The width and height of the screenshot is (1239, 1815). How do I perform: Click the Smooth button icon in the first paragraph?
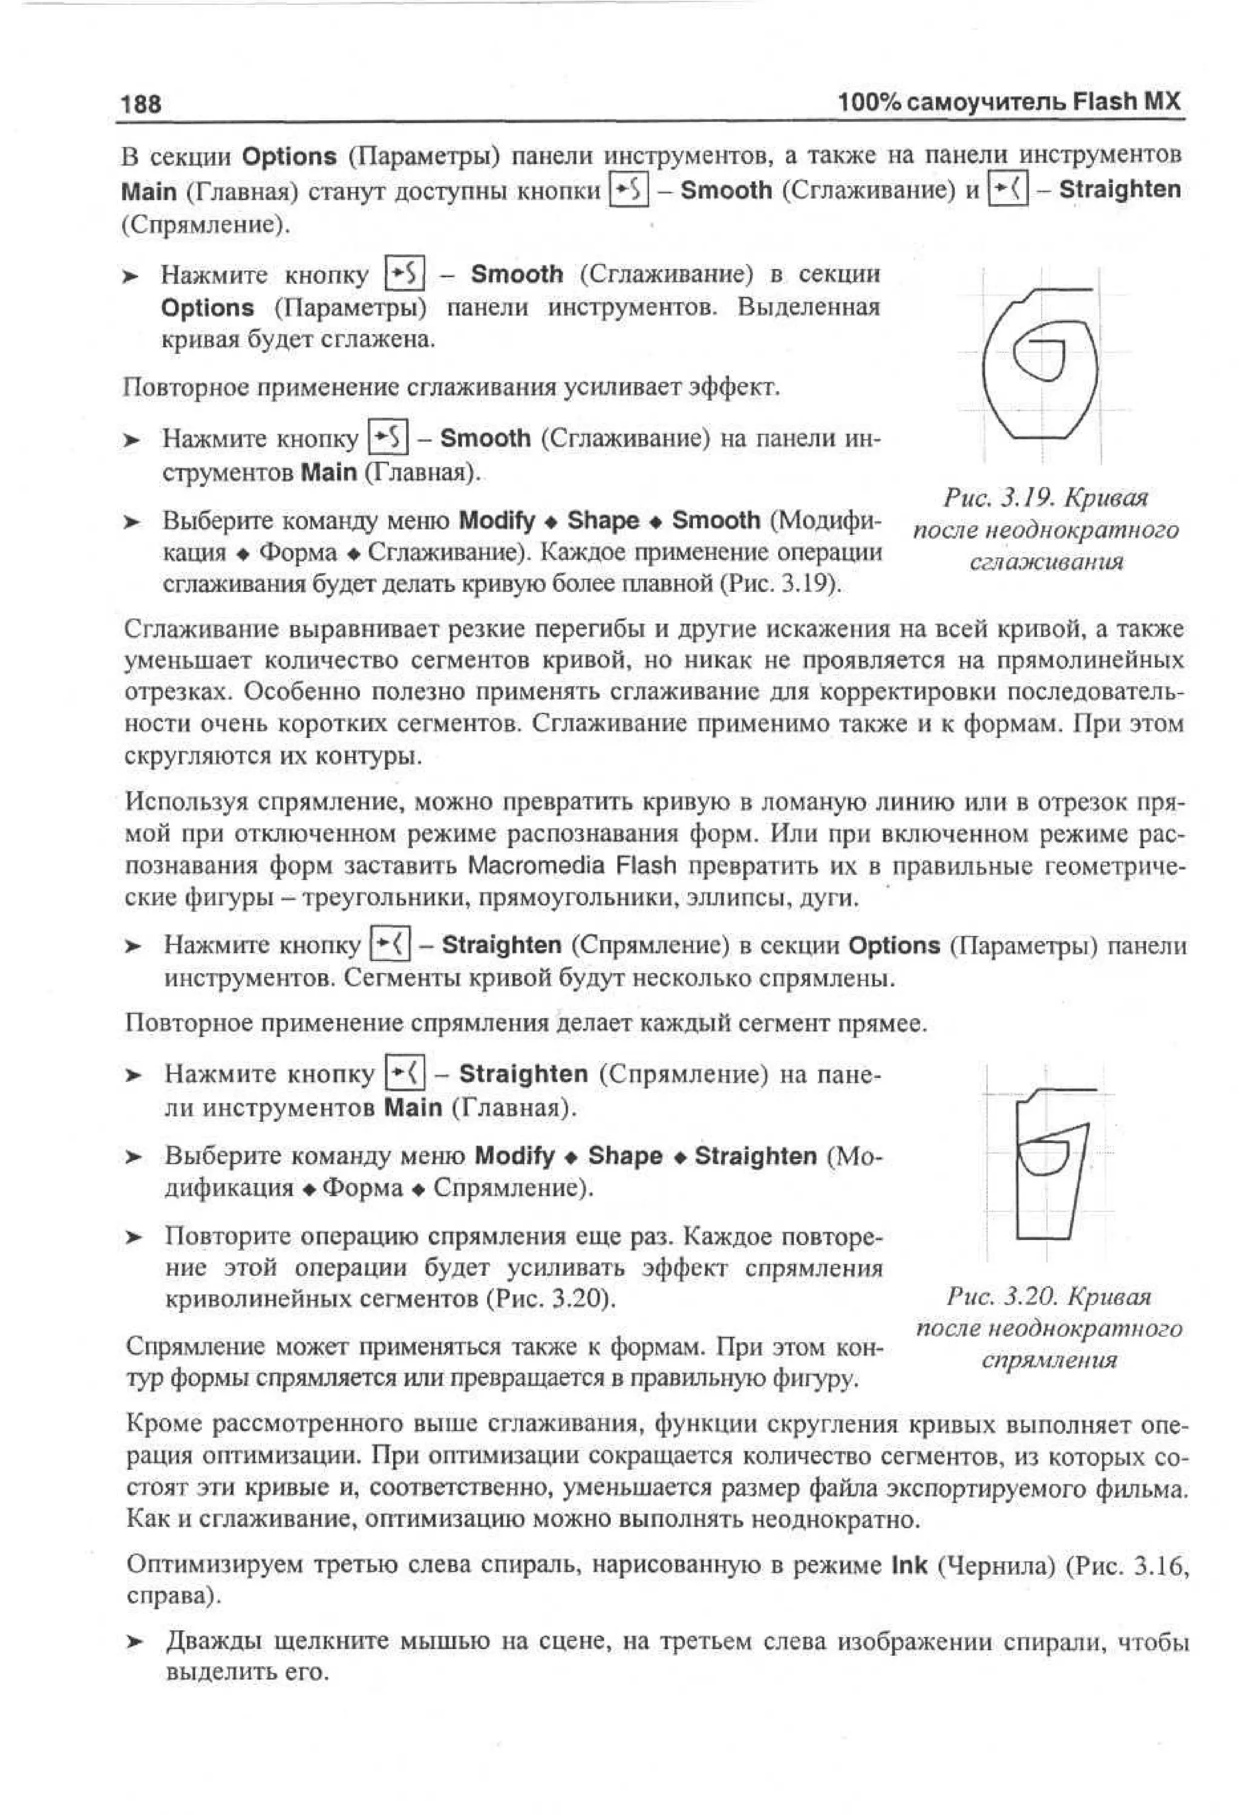[629, 191]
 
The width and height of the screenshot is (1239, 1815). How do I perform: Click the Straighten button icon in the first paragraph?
[1008, 190]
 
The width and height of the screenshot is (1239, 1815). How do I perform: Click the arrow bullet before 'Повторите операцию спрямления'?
[135, 1238]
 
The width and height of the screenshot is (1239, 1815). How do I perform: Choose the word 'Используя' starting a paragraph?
[186, 802]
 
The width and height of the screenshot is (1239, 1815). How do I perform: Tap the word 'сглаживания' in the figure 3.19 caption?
[1046, 562]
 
